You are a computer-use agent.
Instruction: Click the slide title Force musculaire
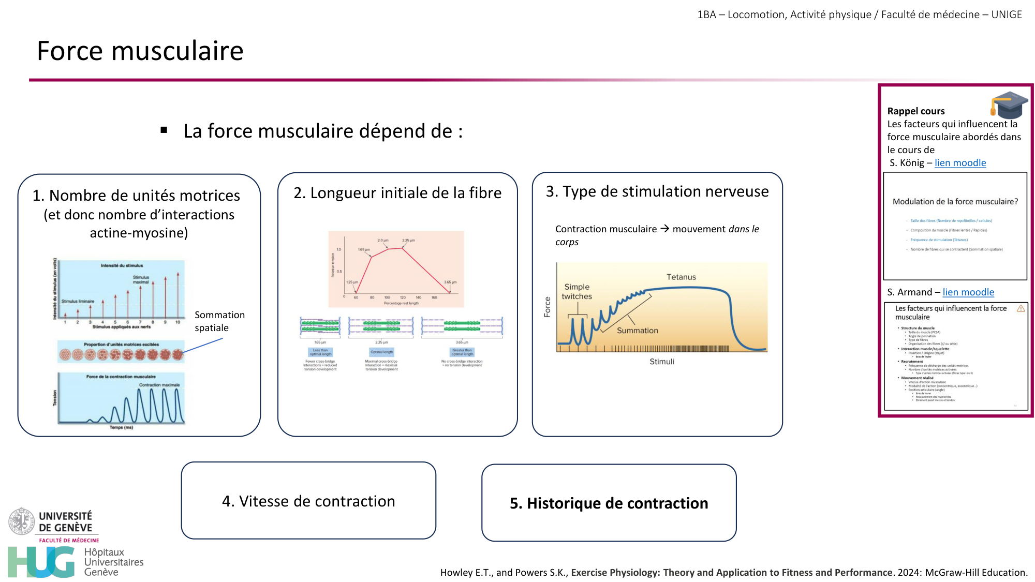pyautogui.click(x=140, y=51)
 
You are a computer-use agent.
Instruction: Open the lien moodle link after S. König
pyautogui.click(x=960, y=163)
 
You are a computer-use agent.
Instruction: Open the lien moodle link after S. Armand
pyautogui.click(x=968, y=292)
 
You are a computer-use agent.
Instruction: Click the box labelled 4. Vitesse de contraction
pyautogui.click(x=308, y=501)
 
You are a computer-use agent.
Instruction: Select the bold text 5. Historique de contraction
pyautogui.click(x=609, y=503)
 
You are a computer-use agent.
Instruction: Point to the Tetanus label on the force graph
pyautogui.click(x=681, y=277)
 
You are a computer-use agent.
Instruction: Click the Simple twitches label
pyautogui.click(x=576, y=292)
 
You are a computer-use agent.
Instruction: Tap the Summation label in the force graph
pyautogui.click(x=637, y=331)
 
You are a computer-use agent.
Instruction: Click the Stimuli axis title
pyautogui.click(x=662, y=362)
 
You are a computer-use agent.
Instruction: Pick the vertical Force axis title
pyautogui.click(x=547, y=307)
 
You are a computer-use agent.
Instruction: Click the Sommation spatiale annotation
pyautogui.click(x=219, y=321)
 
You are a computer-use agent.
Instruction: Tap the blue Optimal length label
pyautogui.click(x=381, y=352)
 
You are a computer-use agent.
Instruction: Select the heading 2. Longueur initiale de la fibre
pyautogui.click(x=397, y=193)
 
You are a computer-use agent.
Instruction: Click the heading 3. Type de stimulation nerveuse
pyautogui.click(x=657, y=191)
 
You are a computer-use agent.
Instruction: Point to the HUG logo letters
pyautogui.click(x=41, y=562)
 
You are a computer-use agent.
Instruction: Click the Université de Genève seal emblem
pyautogui.click(x=21, y=521)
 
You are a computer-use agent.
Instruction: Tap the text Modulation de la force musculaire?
pyautogui.click(x=955, y=202)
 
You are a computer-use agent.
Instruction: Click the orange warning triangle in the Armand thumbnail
pyautogui.click(x=1021, y=309)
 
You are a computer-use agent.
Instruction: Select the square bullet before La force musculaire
pyautogui.click(x=164, y=130)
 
